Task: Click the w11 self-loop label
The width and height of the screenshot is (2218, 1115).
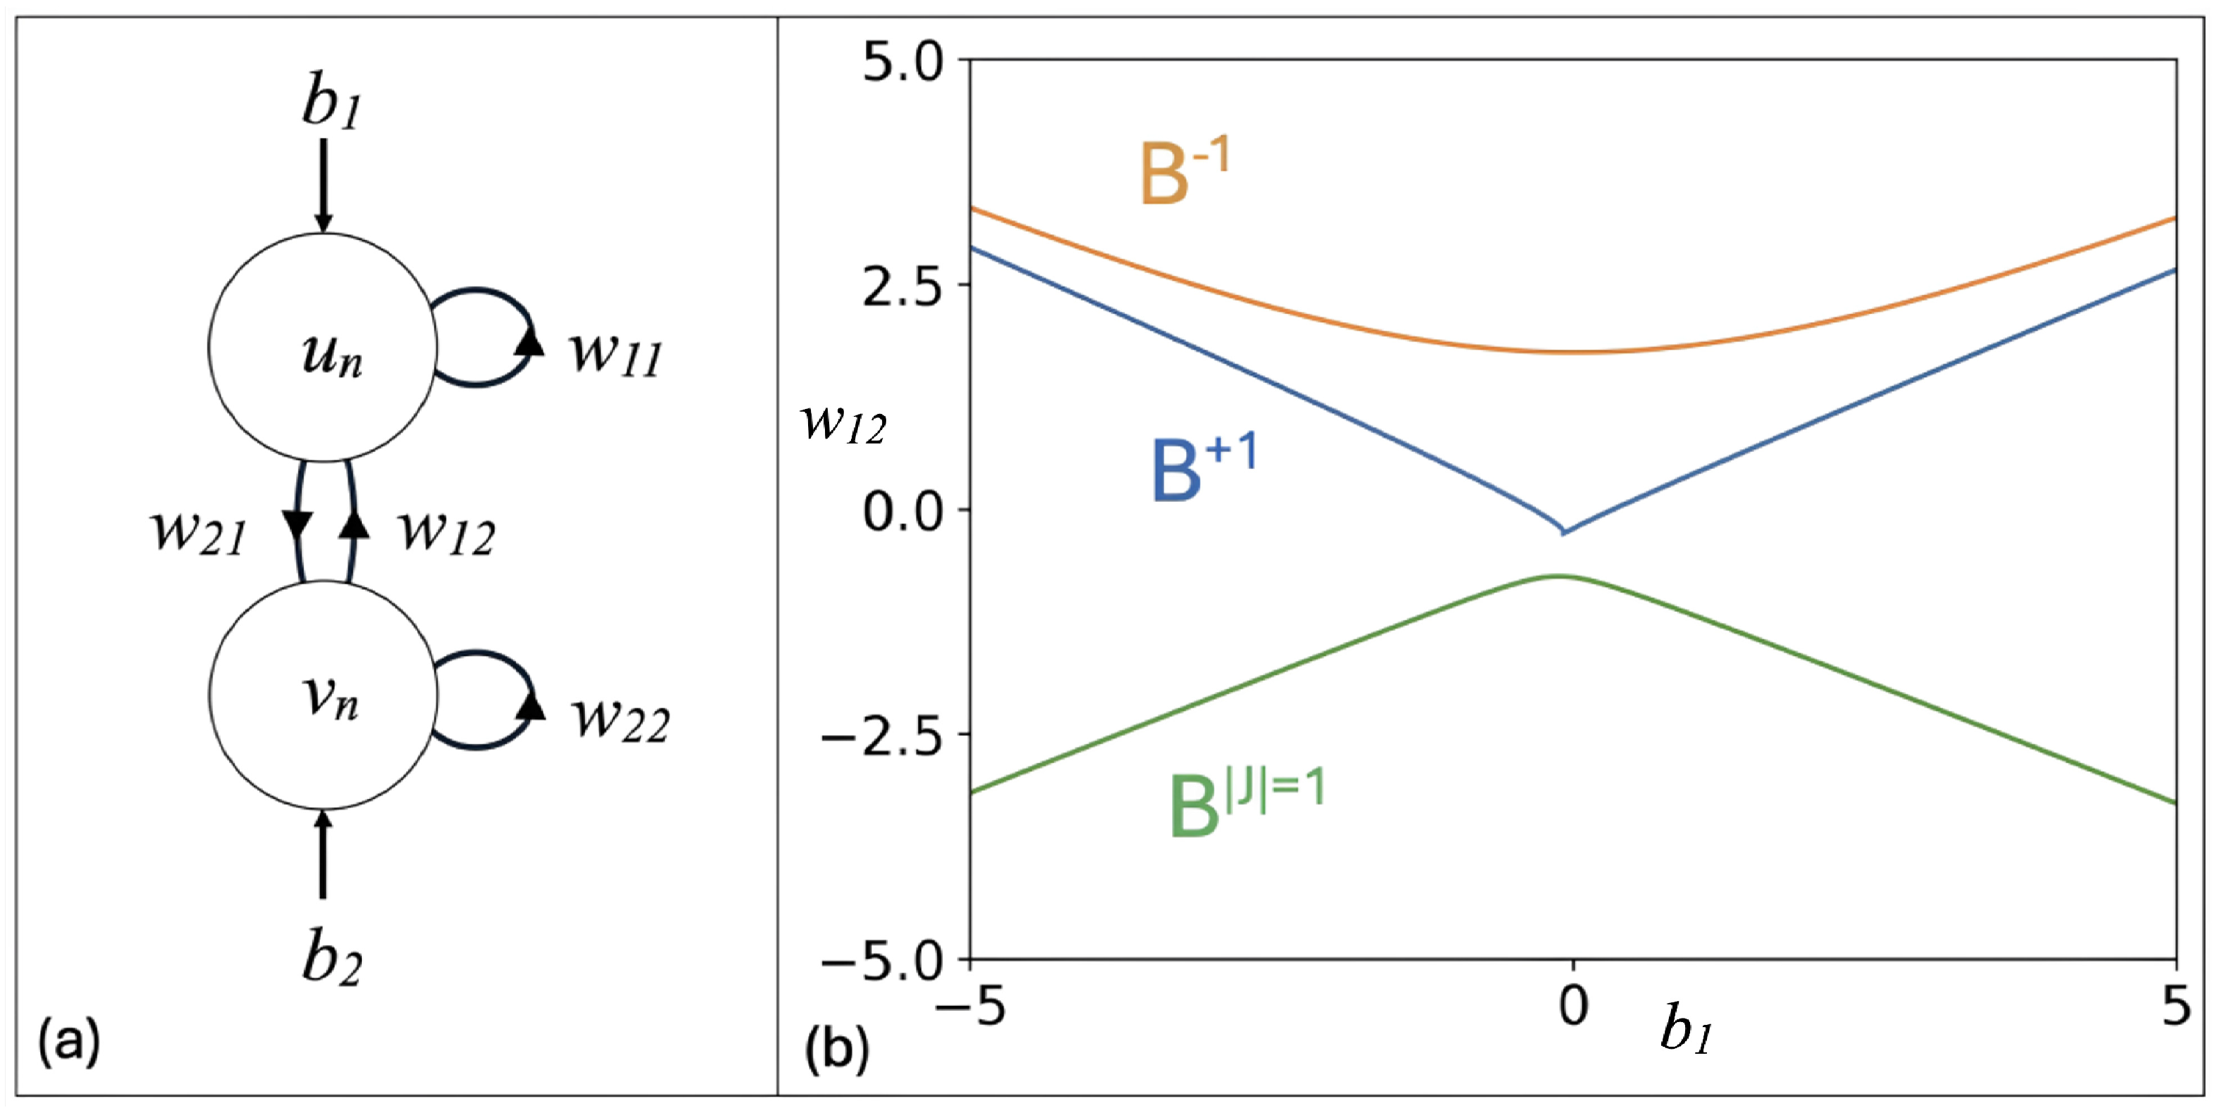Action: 617,353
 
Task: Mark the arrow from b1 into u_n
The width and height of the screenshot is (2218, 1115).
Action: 323,185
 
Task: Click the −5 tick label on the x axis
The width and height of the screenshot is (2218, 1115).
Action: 969,1004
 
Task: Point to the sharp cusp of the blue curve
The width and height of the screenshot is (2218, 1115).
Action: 1563,533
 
